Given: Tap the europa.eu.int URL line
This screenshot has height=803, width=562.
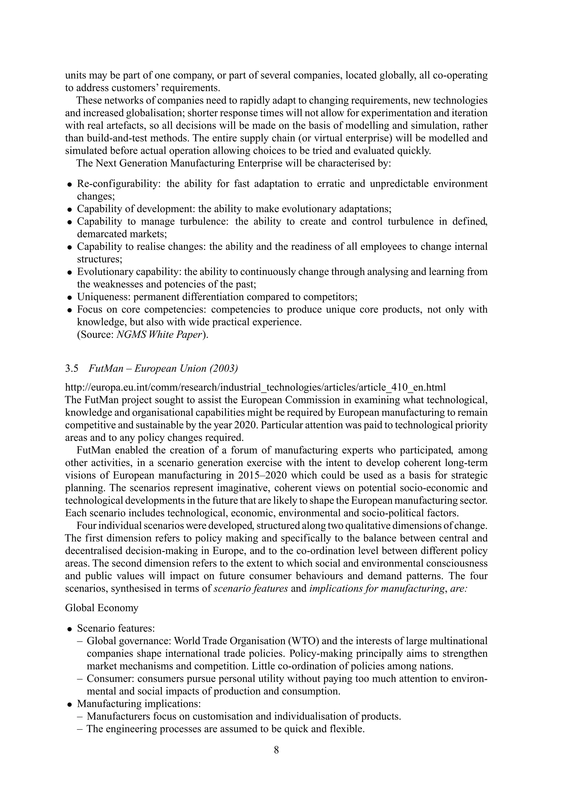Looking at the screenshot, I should pyautogui.click(x=255, y=388).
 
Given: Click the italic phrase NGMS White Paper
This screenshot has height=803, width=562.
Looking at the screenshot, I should pyautogui.click(x=159, y=335).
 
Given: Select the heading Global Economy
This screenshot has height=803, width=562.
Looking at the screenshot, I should pyautogui.click(x=102, y=608).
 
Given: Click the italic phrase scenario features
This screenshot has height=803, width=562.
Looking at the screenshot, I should pyautogui.click(x=250, y=589).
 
